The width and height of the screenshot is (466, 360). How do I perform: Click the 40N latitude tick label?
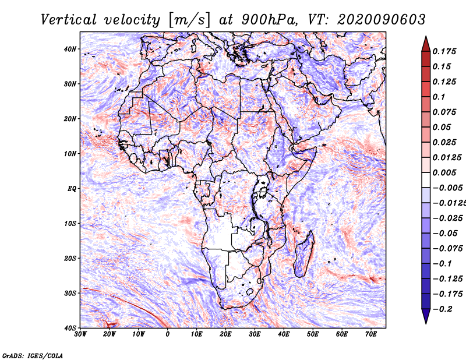pyautogui.click(x=70, y=49)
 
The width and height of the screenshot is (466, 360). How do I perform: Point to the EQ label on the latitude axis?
pyautogui.click(x=72, y=189)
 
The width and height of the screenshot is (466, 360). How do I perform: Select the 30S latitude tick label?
pyautogui.click(x=70, y=294)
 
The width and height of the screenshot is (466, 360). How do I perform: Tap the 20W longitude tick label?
pyautogui.click(x=109, y=334)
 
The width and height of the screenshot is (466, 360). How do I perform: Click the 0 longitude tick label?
pyautogui.click(x=168, y=334)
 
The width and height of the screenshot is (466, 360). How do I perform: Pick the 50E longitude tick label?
pyautogui.click(x=313, y=334)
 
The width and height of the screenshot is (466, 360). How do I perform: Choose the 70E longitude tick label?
pyautogui.click(x=370, y=334)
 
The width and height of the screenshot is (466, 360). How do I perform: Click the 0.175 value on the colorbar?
pyautogui.click(x=444, y=52)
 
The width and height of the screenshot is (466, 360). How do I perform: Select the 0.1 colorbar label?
pyautogui.click(x=439, y=97)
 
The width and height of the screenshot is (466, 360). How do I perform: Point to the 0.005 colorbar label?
pyautogui.click(x=444, y=172)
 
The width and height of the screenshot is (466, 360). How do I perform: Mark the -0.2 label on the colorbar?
pyautogui.click(x=443, y=309)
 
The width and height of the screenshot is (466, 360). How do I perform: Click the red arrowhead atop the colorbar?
pyautogui.click(x=426, y=44)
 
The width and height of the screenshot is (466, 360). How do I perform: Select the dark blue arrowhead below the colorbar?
pyautogui.click(x=426, y=316)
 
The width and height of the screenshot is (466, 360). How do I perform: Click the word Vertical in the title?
pyautogui.click(x=69, y=20)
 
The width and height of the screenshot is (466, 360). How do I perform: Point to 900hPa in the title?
pyautogui.click(x=270, y=20)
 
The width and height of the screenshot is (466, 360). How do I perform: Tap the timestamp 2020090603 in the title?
pyautogui.click(x=382, y=20)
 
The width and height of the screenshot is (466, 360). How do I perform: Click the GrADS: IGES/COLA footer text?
pyautogui.click(x=33, y=356)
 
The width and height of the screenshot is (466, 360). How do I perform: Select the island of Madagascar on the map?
pyautogui.click(x=304, y=254)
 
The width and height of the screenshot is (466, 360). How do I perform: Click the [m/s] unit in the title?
pyautogui.click(x=189, y=20)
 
